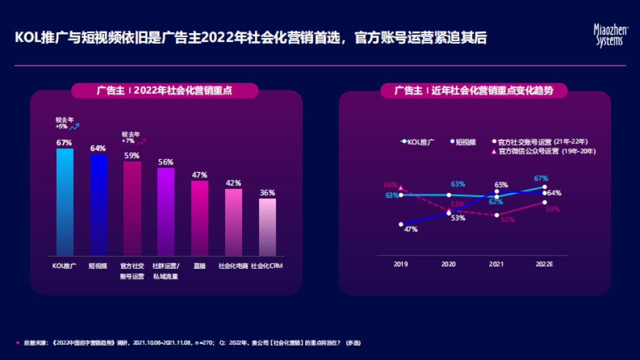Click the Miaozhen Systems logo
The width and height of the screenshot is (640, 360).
click(607, 36)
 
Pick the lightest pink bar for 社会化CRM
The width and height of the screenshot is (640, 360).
click(267, 227)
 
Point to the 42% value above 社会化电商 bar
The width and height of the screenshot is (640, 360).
click(234, 183)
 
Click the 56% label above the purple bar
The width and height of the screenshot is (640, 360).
click(165, 162)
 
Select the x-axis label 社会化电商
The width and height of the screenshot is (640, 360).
click(233, 266)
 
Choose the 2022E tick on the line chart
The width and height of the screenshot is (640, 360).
click(544, 263)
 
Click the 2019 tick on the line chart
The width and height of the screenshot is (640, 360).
click(401, 263)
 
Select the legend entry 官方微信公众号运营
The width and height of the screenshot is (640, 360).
click(528, 151)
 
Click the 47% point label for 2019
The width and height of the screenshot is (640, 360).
click(410, 229)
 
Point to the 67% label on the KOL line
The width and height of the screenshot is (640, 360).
click(541, 178)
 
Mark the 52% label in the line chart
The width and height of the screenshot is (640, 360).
click(508, 220)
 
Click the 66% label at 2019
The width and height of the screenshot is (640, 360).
click(390, 185)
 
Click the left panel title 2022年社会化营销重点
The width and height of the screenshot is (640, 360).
click(165, 91)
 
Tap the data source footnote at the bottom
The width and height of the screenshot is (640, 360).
click(192, 342)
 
